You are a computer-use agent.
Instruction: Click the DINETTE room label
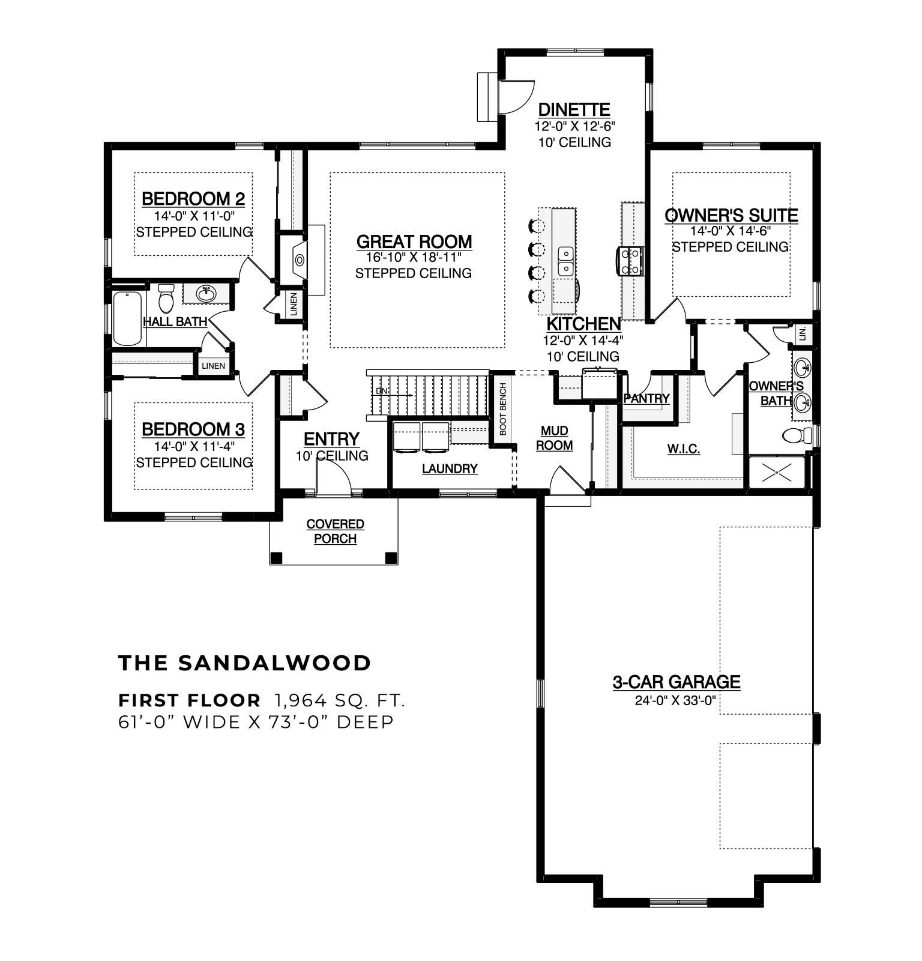tap(574, 110)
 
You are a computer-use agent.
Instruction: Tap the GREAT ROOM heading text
tap(414, 241)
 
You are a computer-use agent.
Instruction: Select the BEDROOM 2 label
tap(193, 198)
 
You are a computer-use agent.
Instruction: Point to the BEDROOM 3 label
tap(193, 429)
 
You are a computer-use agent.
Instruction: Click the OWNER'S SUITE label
tap(731, 215)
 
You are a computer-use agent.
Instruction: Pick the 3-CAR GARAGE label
tap(676, 682)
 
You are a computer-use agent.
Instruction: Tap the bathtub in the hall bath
tap(128, 318)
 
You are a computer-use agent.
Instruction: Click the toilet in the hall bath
tap(166, 298)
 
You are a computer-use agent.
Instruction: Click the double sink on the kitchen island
tap(565, 261)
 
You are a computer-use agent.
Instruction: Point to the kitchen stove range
tap(630, 261)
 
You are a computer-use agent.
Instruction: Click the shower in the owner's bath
tap(777, 471)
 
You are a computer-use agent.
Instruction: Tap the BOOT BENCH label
tap(503, 409)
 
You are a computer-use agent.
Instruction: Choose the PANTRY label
tap(646, 398)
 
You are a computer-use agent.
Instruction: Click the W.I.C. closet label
tap(684, 449)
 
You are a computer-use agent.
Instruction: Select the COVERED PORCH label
tap(335, 532)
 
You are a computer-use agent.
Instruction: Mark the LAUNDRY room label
tap(450, 468)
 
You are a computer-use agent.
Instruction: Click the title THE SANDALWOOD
tap(245, 663)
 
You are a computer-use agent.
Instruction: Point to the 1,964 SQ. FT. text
tap(340, 700)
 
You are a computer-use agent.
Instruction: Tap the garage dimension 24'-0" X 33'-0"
tap(676, 700)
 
